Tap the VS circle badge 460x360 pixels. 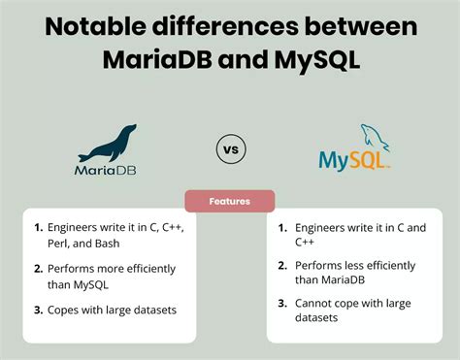pyautogui.click(x=229, y=150)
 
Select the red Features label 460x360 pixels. pyautogui.click(x=230, y=201)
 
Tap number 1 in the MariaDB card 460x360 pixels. pyautogui.click(x=39, y=228)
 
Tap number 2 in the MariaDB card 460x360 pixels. pyautogui.click(x=39, y=264)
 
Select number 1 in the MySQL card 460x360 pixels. pyautogui.click(x=282, y=228)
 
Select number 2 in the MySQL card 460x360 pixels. pyautogui.click(x=282, y=265)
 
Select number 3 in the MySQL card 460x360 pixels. pyautogui.click(x=282, y=302)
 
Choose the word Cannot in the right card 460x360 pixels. pyautogui.click(x=318, y=302)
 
